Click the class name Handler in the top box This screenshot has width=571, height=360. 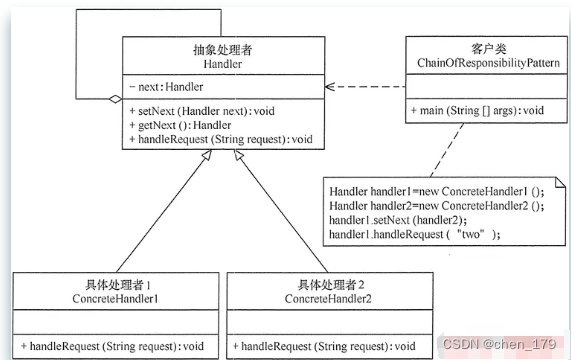(x=223, y=64)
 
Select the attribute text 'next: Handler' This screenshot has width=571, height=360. (x=170, y=87)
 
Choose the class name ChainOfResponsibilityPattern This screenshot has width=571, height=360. (x=488, y=63)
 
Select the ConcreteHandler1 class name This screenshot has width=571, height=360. (x=115, y=299)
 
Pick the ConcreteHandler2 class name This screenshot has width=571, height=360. (x=328, y=299)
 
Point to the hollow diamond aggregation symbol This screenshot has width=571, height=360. (x=115, y=99)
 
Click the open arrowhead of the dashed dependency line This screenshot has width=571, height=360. (x=330, y=87)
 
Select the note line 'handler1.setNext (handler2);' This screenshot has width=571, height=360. (x=398, y=220)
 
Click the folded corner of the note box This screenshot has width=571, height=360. (x=560, y=182)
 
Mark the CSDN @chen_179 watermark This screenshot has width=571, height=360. (x=499, y=344)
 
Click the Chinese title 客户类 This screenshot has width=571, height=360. (x=489, y=49)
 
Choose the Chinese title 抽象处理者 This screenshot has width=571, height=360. (x=223, y=50)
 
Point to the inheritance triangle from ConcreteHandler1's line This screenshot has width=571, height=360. (x=206, y=155)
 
